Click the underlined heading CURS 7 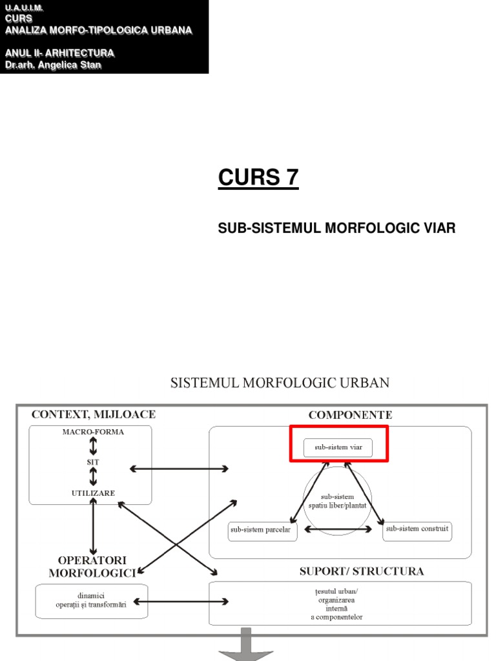(258, 176)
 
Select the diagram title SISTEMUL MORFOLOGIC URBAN (280, 383)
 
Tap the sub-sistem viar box (338, 447)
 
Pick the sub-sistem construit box (417, 530)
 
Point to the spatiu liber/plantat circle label (337, 502)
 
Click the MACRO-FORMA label (93, 432)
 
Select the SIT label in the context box (93, 462)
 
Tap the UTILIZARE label (93, 493)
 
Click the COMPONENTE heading (350, 415)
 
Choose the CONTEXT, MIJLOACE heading (93, 414)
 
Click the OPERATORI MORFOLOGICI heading (92, 566)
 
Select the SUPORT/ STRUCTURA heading (361, 571)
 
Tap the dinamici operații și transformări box (91, 600)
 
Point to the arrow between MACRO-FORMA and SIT (93, 447)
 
